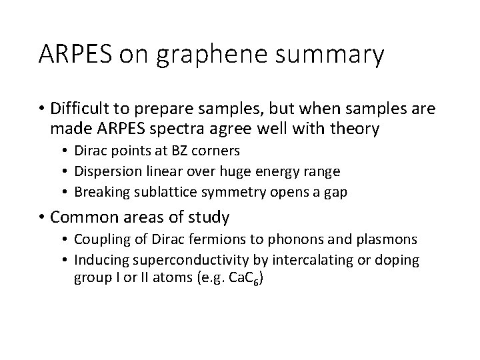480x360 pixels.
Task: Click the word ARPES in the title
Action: click(x=77, y=55)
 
